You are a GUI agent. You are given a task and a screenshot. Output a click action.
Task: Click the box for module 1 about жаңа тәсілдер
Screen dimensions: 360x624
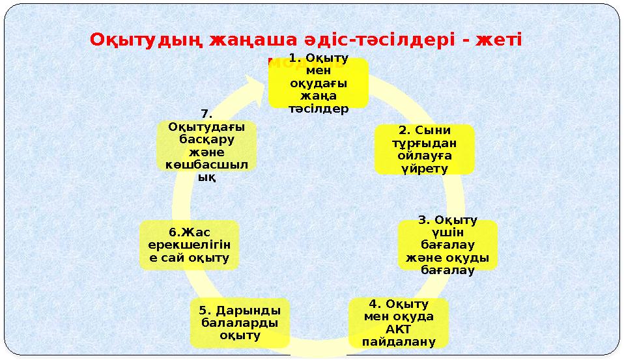(318, 83)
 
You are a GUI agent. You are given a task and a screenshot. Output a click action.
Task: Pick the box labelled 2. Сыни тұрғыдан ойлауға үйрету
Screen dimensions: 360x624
(424, 149)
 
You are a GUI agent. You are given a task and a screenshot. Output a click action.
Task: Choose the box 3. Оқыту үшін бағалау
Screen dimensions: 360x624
(447, 245)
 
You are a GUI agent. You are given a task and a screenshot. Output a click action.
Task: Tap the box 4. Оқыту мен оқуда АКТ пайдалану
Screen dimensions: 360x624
(399, 323)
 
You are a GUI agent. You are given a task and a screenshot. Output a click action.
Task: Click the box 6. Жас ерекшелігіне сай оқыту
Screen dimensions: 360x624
(189, 245)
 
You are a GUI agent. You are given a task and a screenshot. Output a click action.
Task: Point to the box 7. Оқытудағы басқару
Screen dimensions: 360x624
(206, 145)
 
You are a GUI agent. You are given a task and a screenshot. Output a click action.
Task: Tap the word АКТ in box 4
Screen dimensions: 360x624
(399, 329)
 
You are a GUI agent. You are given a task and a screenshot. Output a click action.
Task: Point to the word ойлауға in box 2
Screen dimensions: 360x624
(424, 156)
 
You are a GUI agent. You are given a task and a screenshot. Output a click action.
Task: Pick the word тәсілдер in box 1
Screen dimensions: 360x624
(319, 109)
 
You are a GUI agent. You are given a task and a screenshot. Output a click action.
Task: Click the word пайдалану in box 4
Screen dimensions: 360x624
(399, 342)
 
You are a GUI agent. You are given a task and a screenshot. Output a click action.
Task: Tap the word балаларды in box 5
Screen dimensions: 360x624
(240, 323)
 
